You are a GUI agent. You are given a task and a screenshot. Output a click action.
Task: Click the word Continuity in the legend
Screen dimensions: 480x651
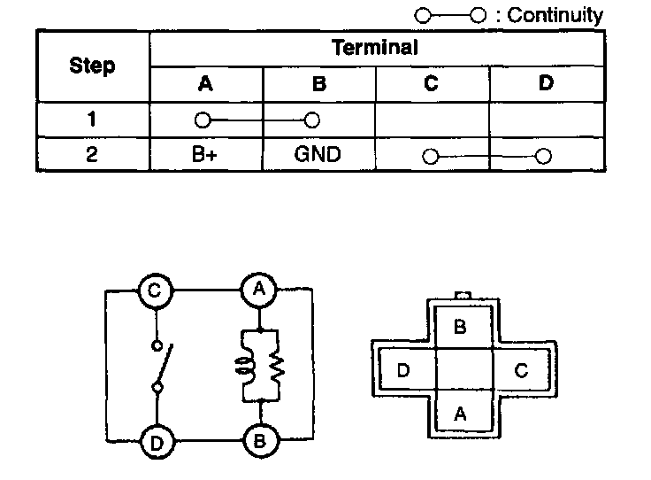click(x=555, y=15)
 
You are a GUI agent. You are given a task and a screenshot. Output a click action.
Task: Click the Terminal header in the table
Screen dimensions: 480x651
click(x=374, y=48)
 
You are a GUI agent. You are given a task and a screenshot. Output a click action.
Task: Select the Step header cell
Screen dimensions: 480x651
click(x=92, y=66)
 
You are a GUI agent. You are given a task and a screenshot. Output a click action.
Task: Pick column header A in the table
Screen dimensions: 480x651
click(x=205, y=83)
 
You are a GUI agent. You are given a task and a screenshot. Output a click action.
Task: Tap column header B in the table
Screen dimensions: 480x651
click(x=319, y=83)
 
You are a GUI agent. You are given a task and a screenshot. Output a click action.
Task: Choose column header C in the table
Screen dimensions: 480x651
click(x=432, y=83)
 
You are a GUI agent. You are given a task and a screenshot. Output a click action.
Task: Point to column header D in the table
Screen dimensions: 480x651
click(x=546, y=83)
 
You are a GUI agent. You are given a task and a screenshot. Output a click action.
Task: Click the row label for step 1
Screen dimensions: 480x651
click(x=92, y=120)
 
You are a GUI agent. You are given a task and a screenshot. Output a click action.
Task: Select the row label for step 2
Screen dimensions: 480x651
click(x=92, y=154)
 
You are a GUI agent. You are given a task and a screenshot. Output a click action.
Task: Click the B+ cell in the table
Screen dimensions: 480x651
click(x=205, y=154)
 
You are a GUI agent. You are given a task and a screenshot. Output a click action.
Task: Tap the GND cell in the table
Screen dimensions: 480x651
click(x=318, y=154)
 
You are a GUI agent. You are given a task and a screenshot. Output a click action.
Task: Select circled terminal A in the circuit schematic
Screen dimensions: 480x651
click(x=260, y=290)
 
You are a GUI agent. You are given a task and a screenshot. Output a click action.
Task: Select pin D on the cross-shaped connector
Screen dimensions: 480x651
click(x=403, y=370)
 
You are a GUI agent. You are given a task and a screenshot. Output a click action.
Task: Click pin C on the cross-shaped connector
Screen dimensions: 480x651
click(x=521, y=370)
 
